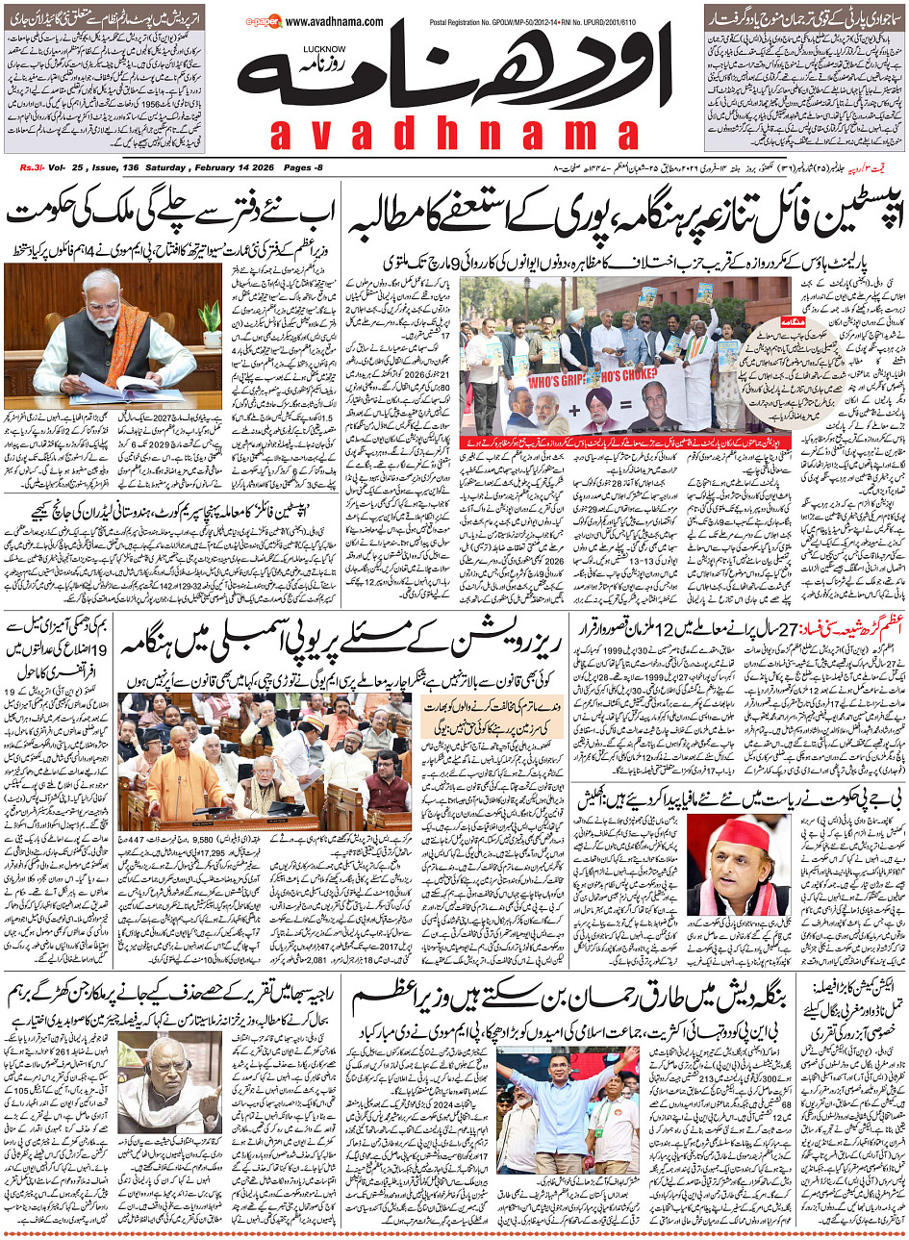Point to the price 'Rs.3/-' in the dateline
[x=32, y=167]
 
